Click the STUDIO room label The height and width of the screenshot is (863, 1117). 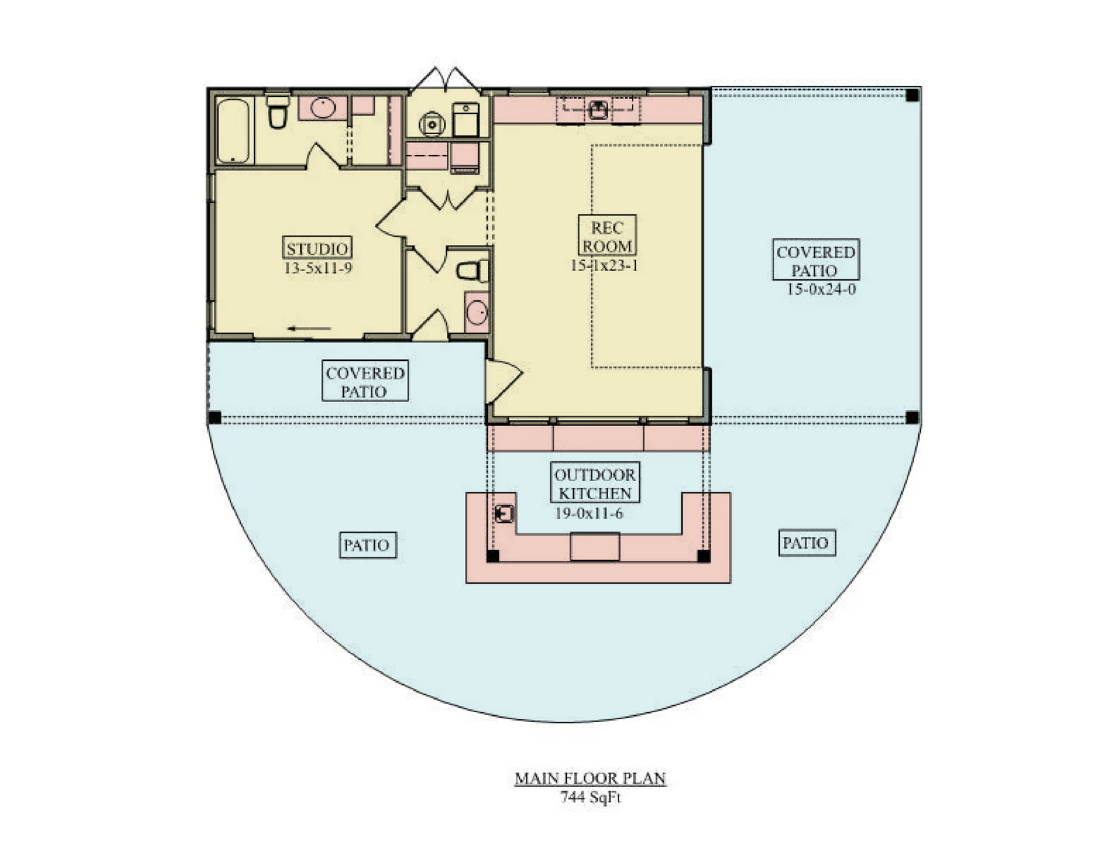[317, 249]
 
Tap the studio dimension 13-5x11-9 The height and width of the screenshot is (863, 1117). [318, 268]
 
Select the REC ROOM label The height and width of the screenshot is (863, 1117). [607, 236]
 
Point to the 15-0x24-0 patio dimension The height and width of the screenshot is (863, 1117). [821, 289]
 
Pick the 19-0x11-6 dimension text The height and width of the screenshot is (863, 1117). [589, 513]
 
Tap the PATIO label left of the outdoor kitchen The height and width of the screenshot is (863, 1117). [367, 545]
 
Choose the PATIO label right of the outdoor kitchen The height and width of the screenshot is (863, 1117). [806, 543]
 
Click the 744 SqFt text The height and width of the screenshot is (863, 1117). [590, 797]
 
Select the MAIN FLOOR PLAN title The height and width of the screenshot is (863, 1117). [590, 779]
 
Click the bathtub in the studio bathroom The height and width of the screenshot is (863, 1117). [233, 131]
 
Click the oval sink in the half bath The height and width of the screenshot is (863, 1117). [477, 313]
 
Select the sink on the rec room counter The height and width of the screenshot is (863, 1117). [598, 110]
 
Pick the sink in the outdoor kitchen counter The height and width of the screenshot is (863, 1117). [504, 513]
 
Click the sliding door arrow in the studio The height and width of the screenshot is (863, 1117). [309, 328]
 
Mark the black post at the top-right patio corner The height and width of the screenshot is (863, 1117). [912, 95]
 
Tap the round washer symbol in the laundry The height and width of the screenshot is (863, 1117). [431, 124]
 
